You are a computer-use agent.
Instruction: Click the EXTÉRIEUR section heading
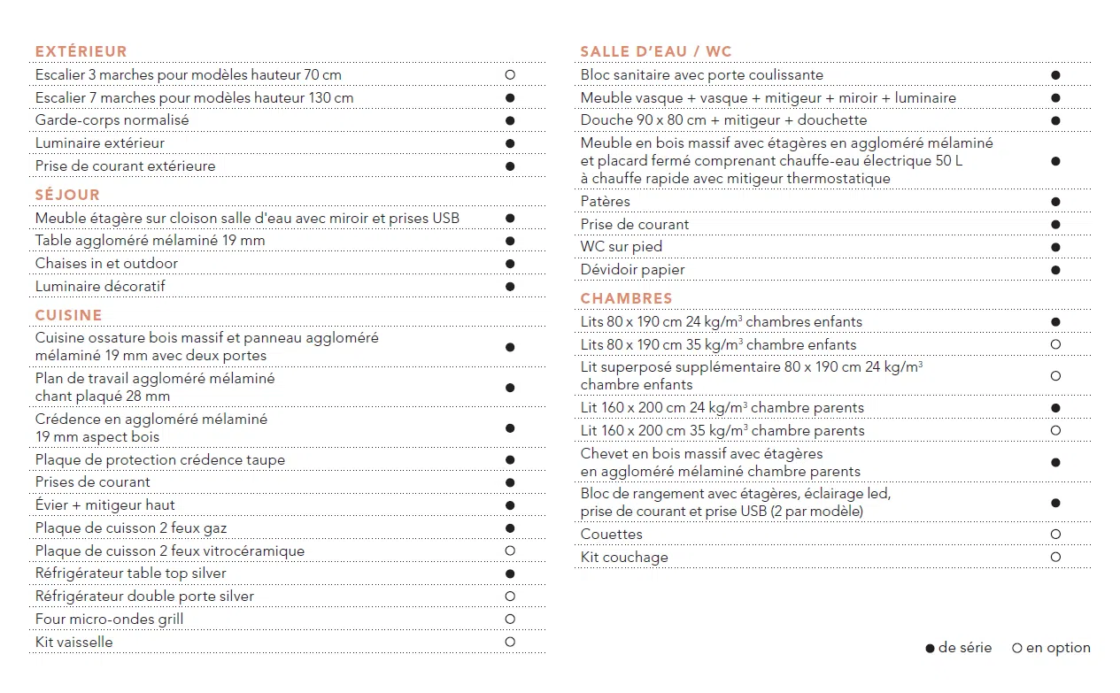click(x=81, y=51)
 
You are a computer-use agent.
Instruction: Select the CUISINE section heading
click(x=69, y=315)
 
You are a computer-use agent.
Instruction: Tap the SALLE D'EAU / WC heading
click(x=656, y=51)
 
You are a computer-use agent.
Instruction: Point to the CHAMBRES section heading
click(x=627, y=298)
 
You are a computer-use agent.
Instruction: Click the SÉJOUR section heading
click(x=68, y=195)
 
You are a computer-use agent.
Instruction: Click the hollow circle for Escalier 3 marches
click(x=510, y=75)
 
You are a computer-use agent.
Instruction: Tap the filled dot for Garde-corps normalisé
click(x=510, y=120)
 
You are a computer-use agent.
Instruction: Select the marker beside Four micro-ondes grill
click(x=510, y=620)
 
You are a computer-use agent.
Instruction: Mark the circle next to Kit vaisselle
click(x=510, y=643)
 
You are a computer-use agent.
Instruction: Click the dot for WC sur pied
click(x=1055, y=247)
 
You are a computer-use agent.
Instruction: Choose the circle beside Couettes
click(x=1055, y=535)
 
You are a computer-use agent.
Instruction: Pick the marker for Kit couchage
click(x=1055, y=558)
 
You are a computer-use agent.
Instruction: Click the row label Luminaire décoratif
click(x=100, y=287)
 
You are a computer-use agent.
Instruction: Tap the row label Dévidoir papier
click(x=633, y=270)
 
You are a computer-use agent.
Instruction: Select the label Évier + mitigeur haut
click(x=105, y=505)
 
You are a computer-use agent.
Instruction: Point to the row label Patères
click(x=606, y=202)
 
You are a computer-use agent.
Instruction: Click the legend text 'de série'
click(x=965, y=648)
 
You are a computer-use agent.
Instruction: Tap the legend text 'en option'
click(x=1058, y=648)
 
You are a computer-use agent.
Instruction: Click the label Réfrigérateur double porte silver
click(x=145, y=597)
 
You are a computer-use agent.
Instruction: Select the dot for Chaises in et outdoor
click(x=510, y=264)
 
